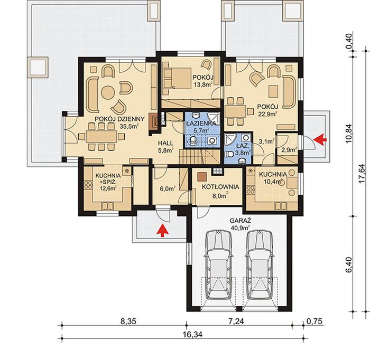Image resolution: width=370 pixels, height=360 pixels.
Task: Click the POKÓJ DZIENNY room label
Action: tap(119, 119)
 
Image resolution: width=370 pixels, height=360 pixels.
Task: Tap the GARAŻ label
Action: tap(240, 221)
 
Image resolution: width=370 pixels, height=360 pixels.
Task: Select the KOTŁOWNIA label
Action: tap(220, 187)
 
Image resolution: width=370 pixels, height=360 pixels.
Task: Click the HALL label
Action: tap(165, 143)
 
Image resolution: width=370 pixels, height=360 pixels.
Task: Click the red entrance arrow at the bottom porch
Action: tap(163, 230)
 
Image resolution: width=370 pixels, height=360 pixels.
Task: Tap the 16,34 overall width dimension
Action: tap(192, 335)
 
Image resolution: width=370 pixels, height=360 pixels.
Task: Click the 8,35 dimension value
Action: tap(128, 321)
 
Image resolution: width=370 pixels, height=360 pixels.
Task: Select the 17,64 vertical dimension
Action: tap(361, 174)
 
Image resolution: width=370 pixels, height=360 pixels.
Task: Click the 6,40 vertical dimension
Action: tap(349, 264)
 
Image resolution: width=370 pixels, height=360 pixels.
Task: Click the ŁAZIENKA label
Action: tap(200, 124)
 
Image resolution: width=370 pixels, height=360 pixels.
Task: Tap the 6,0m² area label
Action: tap(168, 188)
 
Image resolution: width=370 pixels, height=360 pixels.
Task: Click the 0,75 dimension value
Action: tap(314, 321)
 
